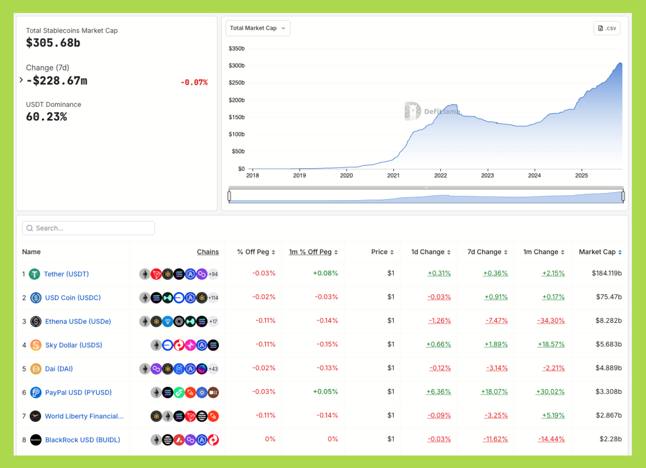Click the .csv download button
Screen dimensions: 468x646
(x=607, y=28)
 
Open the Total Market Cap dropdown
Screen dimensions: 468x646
(x=257, y=28)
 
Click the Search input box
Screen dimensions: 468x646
(x=89, y=228)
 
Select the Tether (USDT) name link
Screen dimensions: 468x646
(x=66, y=274)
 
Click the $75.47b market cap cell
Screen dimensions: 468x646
(x=609, y=297)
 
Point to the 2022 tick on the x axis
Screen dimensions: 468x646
(x=440, y=175)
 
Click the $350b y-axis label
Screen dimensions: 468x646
(x=237, y=49)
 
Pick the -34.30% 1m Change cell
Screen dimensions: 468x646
(x=551, y=321)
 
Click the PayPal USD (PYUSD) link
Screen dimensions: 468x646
(x=78, y=392)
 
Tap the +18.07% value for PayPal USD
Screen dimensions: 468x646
(x=494, y=392)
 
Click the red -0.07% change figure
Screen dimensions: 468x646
(x=194, y=82)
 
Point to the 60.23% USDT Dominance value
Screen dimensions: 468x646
(x=47, y=117)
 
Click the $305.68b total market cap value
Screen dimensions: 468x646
(x=53, y=43)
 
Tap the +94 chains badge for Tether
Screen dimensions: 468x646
(x=213, y=274)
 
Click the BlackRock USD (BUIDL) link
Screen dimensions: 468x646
(x=82, y=440)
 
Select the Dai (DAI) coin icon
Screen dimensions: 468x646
(x=35, y=369)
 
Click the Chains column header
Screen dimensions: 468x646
(x=208, y=252)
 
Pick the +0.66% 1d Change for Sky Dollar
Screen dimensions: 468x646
(x=438, y=344)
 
